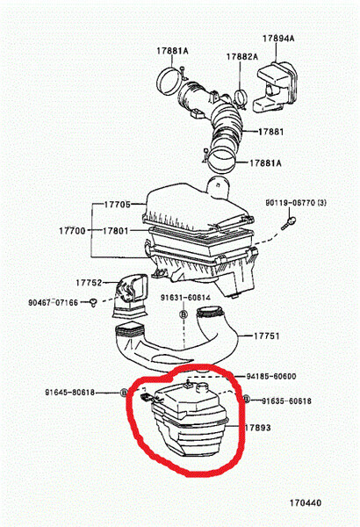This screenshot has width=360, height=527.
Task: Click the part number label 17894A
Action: pos(278,39)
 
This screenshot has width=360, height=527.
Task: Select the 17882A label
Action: pos(242,57)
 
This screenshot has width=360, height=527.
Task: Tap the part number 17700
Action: pos(72,231)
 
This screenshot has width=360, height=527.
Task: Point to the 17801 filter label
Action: pos(115,231)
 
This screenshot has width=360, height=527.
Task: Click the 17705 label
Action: pos(118,205)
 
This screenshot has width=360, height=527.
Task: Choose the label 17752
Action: pos(89,283)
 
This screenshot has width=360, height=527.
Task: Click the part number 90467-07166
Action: pos(53,302)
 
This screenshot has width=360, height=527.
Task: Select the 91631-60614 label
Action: pos(185,298)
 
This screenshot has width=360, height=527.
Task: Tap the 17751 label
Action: pos(267,336)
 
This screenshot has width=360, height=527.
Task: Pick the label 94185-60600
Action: pos(271,376)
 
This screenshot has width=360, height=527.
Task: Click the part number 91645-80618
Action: pos(70,393)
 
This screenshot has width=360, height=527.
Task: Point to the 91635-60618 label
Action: pos(287,401)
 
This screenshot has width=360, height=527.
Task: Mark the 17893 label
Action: pos(257,428)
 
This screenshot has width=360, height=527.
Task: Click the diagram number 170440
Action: pos(306,502)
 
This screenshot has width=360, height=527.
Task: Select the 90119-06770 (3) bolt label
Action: pos(296,203)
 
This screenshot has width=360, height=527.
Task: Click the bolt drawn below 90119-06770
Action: pos(289,223)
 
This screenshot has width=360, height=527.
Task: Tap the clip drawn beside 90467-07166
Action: pos(93,302)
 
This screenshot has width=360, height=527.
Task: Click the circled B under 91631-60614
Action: pos(184,314)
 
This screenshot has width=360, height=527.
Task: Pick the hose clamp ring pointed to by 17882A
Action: pos(240,99)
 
